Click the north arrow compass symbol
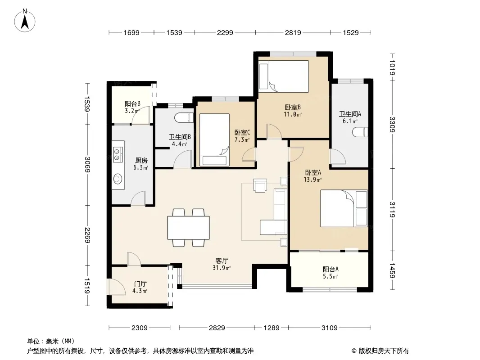[25, 20]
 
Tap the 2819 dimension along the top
[293, 32]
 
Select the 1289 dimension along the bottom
[272, 328]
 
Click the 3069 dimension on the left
[87, 164]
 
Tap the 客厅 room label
[222, 261]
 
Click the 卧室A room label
[313, 172]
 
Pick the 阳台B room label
[132, 103]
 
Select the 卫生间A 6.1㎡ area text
[350, 121]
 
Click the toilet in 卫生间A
[360, 132]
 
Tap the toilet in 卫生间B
[184, 118]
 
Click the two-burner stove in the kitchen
[118, 154]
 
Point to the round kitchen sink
[118, 179]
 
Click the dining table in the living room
[188, 228]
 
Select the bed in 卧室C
[214, 140]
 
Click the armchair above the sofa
[260, 185]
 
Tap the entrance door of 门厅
[116, 287]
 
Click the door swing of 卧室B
[274, 131]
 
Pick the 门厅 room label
[140, 284]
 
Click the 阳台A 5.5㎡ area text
[331, 276]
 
